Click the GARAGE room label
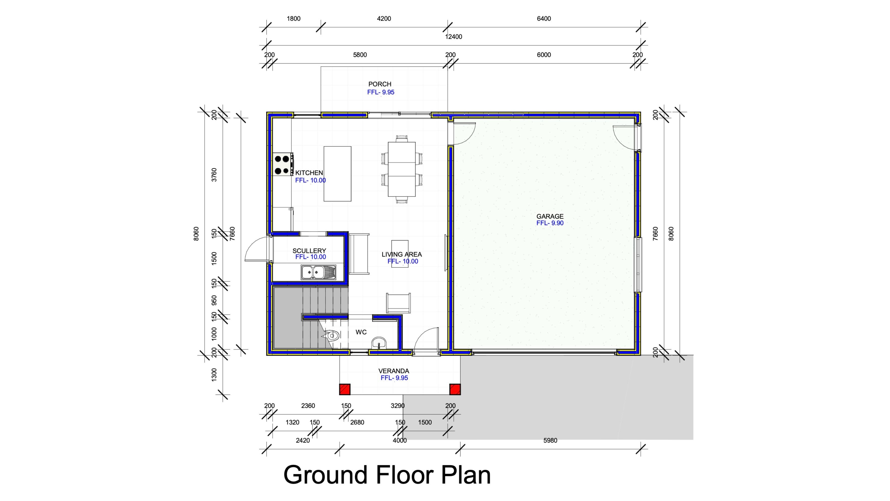(x=550, y=216)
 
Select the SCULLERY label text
(x=309, y=251)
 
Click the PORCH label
(x=380, y=84)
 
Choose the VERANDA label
(x=394, y=371)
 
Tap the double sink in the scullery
(x=318, y=272)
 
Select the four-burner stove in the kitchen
(x=283, y=165)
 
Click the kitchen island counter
(x=337, y=174)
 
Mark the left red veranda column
(x=345, y=389)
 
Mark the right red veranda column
(x=455, y=389)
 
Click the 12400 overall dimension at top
(x=453, y=37)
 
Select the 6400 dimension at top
(x=544, y=19)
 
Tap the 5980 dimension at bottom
(x=550, y=441)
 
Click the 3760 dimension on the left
(x=214, y=175)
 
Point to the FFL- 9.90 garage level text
(x=550, y=223)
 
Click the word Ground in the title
(x=325, y=475)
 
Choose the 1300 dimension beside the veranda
(x=214, y=375)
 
